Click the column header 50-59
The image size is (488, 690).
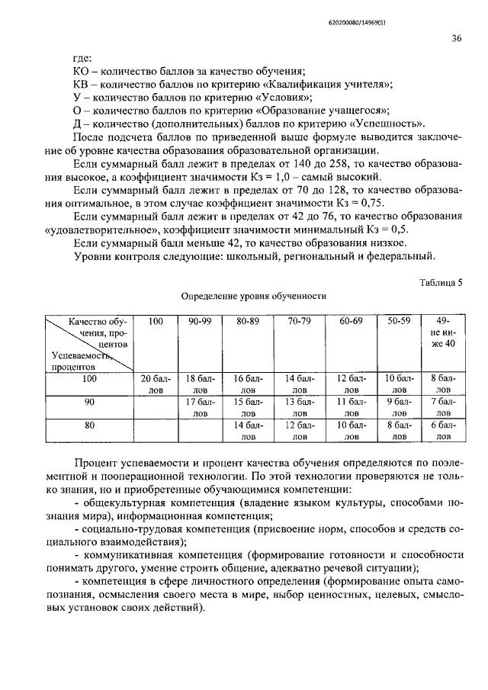[398, 323]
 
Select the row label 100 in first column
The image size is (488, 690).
[90, 379]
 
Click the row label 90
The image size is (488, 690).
[90, 401]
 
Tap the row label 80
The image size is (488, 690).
[90, 425]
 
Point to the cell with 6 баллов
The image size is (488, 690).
[441, 431]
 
